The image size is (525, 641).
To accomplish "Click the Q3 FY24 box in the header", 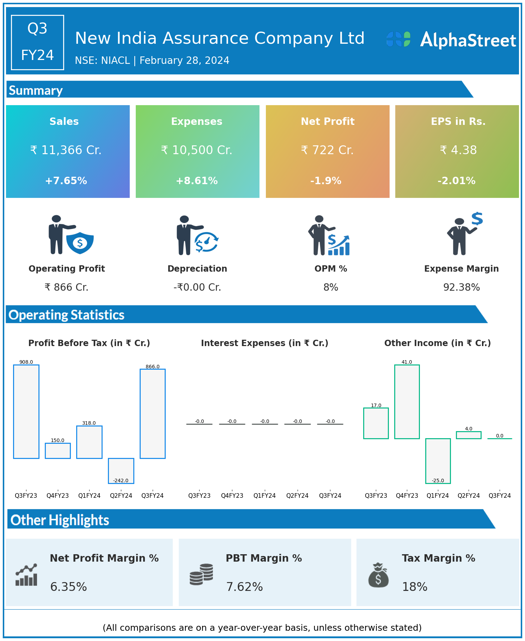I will coord(37,42).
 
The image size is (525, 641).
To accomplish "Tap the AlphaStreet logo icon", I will coord(398,39).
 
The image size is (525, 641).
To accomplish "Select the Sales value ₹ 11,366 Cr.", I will coord(66,150).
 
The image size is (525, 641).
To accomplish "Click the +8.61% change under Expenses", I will coord(197,181).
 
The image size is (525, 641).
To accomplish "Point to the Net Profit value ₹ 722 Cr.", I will coord(327,150).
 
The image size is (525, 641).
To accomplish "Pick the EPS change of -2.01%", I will coord(457,181).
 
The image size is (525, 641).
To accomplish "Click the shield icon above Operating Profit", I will coord(80,243).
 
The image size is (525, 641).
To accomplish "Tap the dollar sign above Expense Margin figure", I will coord(477,219).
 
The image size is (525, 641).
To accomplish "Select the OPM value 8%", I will coord(331,288).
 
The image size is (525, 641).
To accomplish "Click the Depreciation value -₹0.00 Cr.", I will coord(197,288).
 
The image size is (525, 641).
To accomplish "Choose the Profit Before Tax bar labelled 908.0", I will coord(26,412).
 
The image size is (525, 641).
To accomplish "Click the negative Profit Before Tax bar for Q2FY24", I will coord(121,471).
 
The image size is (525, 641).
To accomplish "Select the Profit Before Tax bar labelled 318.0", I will coord(89,442).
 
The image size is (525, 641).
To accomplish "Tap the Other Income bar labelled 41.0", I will coord(407,402).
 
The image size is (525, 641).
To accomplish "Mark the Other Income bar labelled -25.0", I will coord(438,461).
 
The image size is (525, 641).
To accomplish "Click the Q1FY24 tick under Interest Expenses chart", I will coord(265,495).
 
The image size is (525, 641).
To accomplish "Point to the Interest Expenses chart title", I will coord(264,343).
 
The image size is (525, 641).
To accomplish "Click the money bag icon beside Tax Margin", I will coord(378,575).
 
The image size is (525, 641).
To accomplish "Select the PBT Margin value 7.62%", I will coord(244,587).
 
